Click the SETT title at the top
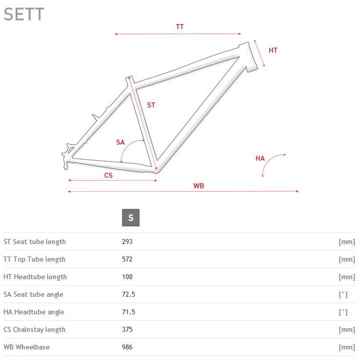(x=24, y=14)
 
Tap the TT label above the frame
(x=180, y=27)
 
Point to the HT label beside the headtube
(x=273, y=50)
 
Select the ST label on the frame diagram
(x=151, y=105)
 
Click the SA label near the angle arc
(x=121, y=143)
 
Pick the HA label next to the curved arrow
(x=260, y=159)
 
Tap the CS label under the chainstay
(x=108, y=176)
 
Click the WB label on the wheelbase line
(x=199, y=186)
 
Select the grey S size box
(x=131, y=217)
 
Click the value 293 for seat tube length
(x=127, y=242)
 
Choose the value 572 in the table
(x=127, y=259)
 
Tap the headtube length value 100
(x=127, y=277)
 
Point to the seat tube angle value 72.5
(x=129, y=294)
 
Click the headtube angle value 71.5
(x=129, y=312)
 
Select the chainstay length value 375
(x=127, y=329)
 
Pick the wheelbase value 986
(x=127, y=347)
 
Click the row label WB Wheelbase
(x=27, y=347)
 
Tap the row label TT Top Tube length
(x=35, y=259)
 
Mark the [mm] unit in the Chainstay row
(x=346, y=330)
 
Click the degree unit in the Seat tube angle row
(x=343, y=295)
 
